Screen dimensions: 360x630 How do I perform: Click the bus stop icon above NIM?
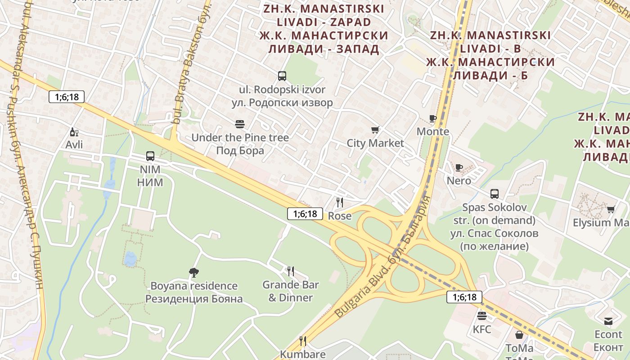[150, 156]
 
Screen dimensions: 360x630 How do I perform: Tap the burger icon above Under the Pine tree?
[240, 124]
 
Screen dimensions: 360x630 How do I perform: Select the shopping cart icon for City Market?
[375, 130]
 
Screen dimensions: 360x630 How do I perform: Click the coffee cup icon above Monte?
[432, 118]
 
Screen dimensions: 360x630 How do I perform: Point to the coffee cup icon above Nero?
[459, 167]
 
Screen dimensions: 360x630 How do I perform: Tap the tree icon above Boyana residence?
[194, 272]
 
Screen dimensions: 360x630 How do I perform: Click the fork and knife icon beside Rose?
[340, 202]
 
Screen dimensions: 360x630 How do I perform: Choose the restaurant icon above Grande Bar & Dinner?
[291, 271]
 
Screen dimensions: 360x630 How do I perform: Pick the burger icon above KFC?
[482, 315]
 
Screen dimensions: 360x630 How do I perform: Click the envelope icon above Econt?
[608, 321]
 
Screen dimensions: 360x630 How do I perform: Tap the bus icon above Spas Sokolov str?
[495, 194]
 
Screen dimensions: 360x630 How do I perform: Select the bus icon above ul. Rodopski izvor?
[282, 76]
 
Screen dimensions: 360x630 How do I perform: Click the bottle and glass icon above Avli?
[74, 132]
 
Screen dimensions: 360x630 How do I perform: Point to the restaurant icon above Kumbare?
[303, 341]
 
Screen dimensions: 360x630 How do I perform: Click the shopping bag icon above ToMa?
[519, 335]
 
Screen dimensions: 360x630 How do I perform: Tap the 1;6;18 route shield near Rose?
[305, 214]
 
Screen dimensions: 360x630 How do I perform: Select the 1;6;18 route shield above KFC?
[464, 297]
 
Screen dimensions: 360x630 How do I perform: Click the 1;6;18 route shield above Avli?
[67, 97]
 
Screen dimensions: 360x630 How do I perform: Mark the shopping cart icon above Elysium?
[611, 209]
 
